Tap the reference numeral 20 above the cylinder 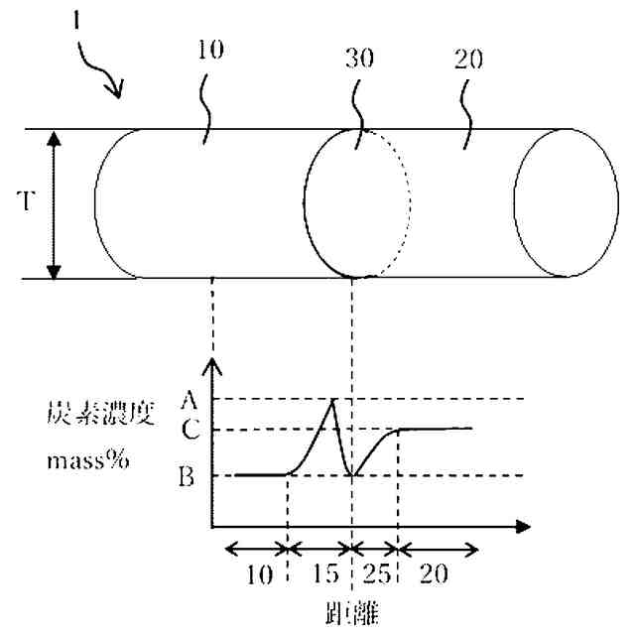[469, 59]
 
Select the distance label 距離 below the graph [354, 606]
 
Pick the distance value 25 [376, 574]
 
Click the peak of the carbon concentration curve [333, 399]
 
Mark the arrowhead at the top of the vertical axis [209, 364]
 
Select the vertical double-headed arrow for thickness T [54, 203]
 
